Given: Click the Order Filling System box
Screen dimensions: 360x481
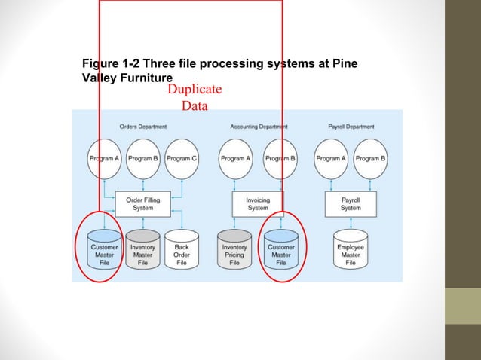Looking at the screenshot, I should coord(142,203).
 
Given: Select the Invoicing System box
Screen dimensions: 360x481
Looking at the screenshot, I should coord(257,203).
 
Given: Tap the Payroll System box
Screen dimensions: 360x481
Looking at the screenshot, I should coord(351,203).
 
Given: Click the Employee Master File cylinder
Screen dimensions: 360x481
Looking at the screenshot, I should coord(351,251).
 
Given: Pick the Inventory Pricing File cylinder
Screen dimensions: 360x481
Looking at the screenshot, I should coord(234,251).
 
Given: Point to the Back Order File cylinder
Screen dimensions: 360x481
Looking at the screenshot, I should coord(182,251).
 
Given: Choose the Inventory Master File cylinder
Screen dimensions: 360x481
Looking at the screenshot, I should coord(142,251).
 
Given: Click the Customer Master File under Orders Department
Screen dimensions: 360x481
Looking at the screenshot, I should coord(104,251).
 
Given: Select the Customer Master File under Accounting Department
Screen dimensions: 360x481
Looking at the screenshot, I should coord(281,251).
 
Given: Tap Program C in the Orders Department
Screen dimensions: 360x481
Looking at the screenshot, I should coord(182,158).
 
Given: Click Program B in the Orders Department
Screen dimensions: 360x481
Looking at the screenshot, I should coord(142,158).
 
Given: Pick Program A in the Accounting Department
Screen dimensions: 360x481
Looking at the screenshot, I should coord(234,158).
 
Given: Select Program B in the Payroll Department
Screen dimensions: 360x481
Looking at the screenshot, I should coord(370,158).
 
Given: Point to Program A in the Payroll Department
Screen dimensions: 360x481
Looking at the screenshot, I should coord(331,158).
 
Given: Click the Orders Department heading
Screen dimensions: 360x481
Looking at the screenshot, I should coord(143,127).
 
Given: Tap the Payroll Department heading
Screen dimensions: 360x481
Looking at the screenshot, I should coord(351,127).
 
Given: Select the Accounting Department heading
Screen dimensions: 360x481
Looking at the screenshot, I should coord(258,127).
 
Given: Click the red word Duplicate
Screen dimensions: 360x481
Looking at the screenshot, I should coord(195,90).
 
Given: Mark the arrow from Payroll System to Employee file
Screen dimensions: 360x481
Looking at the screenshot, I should coord(351,223).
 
